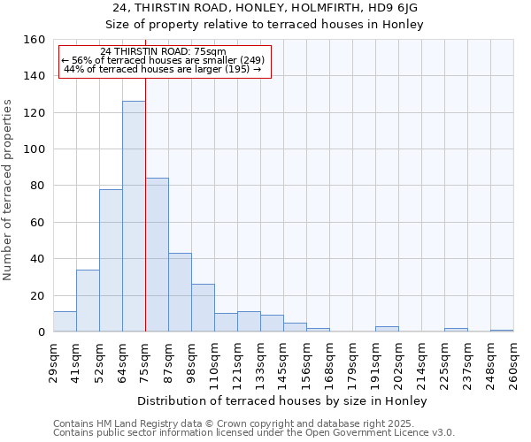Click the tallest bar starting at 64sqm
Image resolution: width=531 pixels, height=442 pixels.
pyautogui.click(x=134, y=217)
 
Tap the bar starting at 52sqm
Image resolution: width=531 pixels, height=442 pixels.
pyautogui.click(x=111, y=261)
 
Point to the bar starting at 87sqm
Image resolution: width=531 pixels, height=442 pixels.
pyautogui.click(x=180, y=293)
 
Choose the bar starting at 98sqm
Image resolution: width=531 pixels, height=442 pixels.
pyautogui.click(x=203, y=308)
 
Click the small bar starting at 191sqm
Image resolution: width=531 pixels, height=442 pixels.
pyautogui.click(x=387, y=329)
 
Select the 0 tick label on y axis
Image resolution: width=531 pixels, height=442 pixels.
pyautogui.click(x=41, y=332)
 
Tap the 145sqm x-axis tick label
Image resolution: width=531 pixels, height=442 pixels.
pyautogui.click(x=283, y=362)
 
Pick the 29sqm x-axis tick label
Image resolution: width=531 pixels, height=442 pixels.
pyautogui.click(x=53, y=362)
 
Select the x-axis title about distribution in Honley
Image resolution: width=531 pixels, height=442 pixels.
pyautogui.click(x=283, y=400)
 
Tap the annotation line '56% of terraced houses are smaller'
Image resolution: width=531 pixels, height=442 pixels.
pyautogui.click(x=165, y=60)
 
